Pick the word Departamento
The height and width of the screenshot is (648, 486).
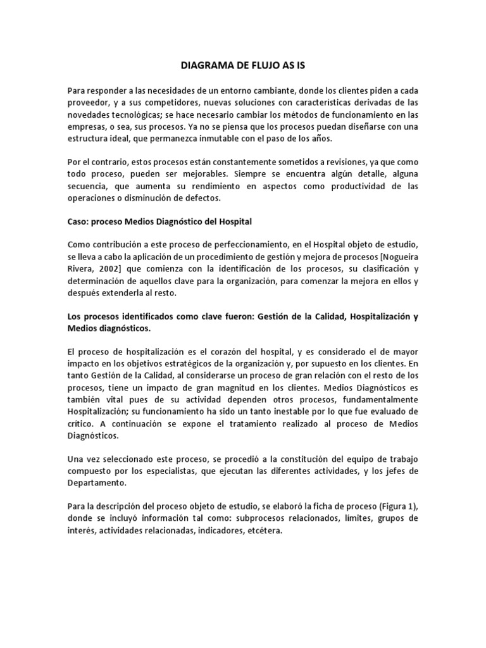(95, 483)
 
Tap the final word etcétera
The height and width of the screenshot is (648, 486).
(263, 531)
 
